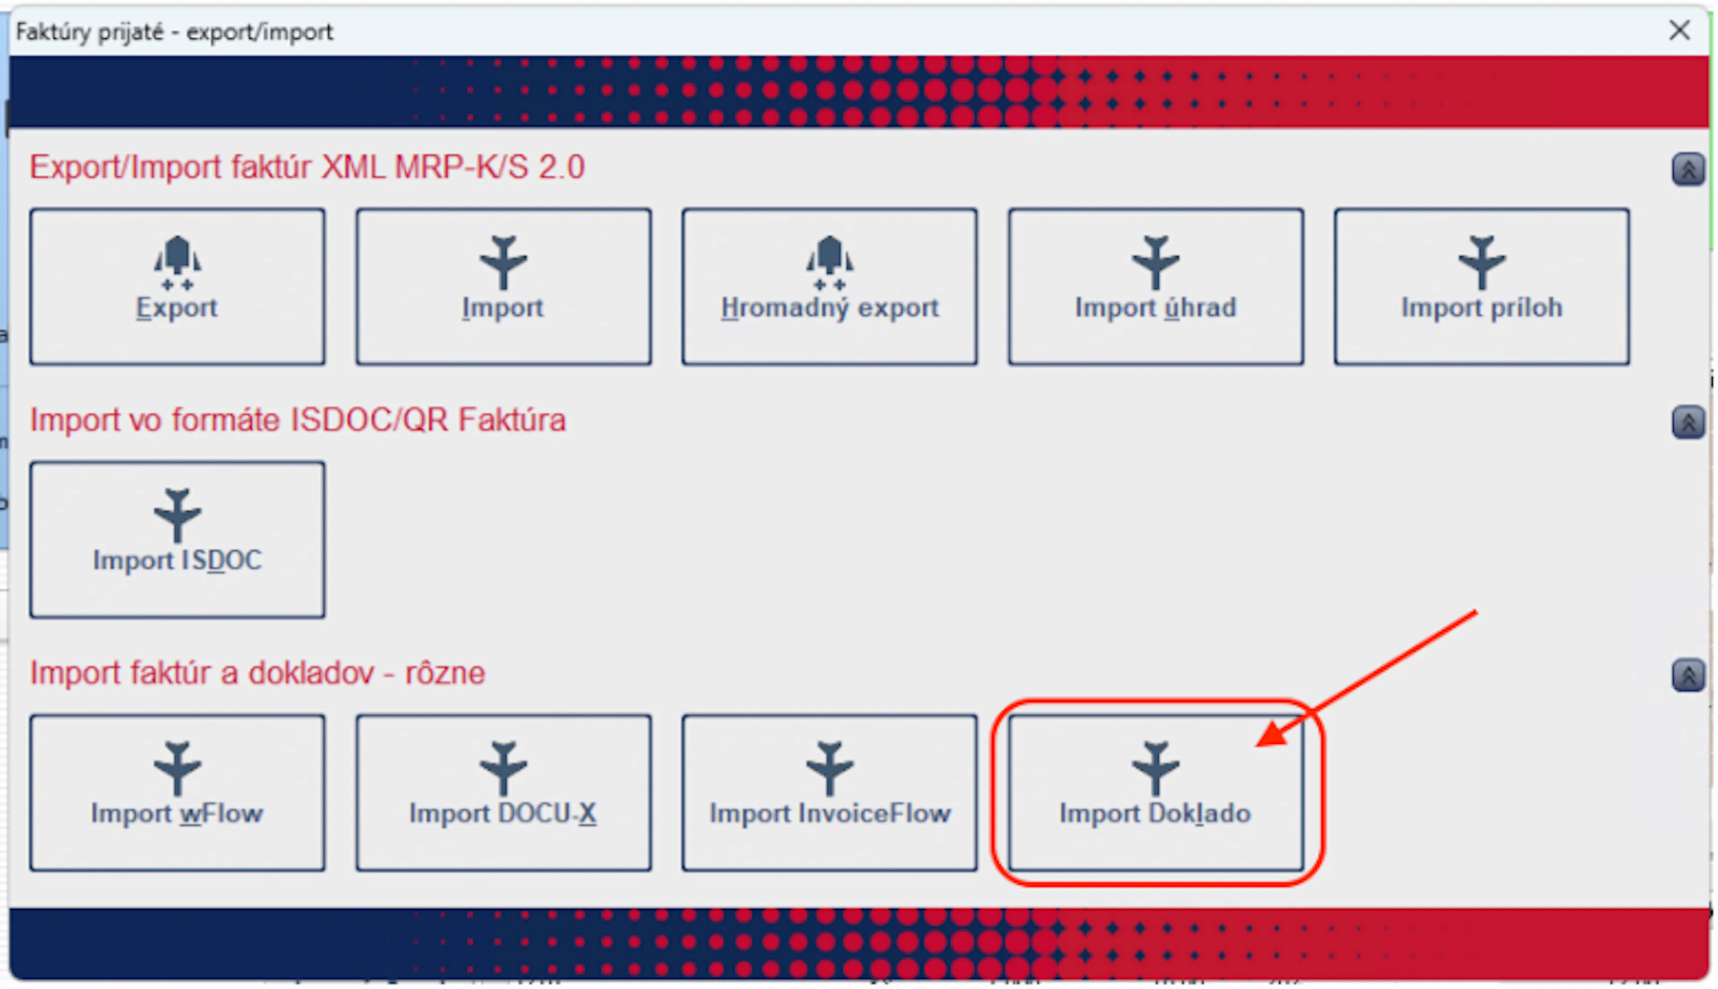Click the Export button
pyautogui.click(x=177, y=287)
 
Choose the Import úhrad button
pyautogui.click(x=1156, y=287)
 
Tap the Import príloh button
pyautogui.click(x=1482, y=287)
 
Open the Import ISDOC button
pyautogui.click(x=177, y=540)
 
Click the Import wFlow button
pyautogui.click(x=177, y=793)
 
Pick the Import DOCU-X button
pyautogui.click(x=503, y=793)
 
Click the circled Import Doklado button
pyautogui.click(x=1156, y=793)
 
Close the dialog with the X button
pyautogui.click(x=1679, y=30)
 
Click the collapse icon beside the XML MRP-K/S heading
pyautogui.click(x=1688, y=169)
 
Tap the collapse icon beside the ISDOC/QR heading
pyautogui.click(x=1688, y=422)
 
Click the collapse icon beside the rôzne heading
pyautogui.click(x=1688, y=675)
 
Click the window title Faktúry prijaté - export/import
pyautogui.click(x=174, y=31)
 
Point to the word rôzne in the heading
pyautogui.click(x=446, y=673)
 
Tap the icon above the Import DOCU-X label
pyautogui.click(x=503, y=768)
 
